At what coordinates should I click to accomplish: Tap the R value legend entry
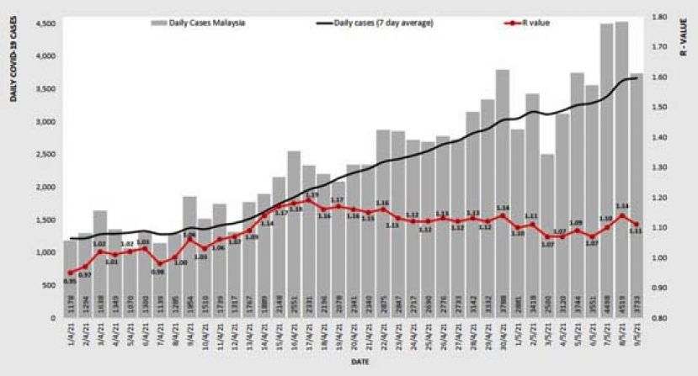pyautogui.click(x=534, y=24)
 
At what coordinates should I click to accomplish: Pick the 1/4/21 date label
pyautogui.click(x=71, y=338)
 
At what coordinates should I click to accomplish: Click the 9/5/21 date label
pyautogui.click(x=639, y=338)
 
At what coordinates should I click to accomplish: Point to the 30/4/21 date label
pyautogui.click(x=503, y=338)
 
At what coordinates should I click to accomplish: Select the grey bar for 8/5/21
pyautogui.click(x=622, y=168)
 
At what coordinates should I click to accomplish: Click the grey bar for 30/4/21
pyautogui.click(x=503, y=193)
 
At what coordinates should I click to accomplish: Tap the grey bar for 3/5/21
pyautogui.click(x=548, y=236)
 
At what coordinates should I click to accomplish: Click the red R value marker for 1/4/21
pyautogui.click(x=71, y=273)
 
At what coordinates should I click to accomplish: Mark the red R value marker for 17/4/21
pyautogui.click(x=310, y=201)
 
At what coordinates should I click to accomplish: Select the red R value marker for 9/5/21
pyautogui.click(x=637, y=224)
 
